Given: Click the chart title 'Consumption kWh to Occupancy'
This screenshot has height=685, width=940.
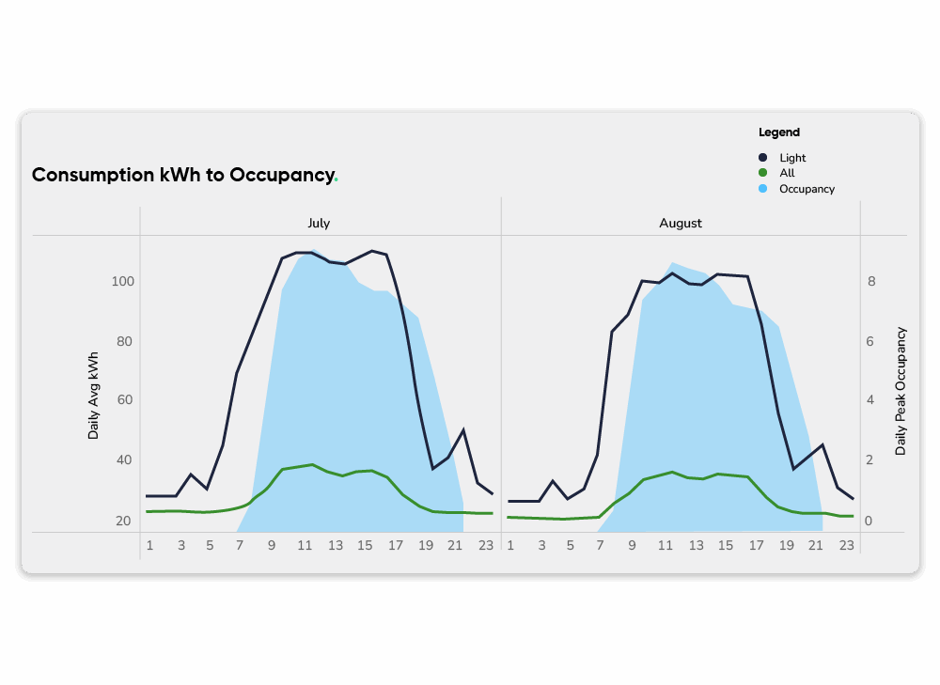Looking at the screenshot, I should (183, 175).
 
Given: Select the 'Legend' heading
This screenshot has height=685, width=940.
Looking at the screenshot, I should (779, 132).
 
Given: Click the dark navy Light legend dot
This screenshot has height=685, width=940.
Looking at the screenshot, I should (763, 158).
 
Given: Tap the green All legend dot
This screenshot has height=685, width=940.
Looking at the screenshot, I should (763, 173).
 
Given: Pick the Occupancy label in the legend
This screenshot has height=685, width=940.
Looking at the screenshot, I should (807, 189).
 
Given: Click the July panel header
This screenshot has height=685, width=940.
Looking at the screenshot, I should (319, 224).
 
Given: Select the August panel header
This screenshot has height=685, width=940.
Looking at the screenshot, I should (681, 224).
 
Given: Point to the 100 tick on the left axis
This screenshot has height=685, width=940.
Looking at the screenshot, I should (123, 282).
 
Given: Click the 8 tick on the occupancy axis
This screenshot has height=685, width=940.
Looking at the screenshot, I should (871, 282).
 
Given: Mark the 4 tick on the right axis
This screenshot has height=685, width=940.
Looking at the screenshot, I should (871, 400).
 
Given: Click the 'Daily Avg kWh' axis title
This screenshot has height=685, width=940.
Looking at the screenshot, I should (93, 396).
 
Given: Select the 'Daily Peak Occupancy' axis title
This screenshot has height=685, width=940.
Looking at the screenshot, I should (901, 391).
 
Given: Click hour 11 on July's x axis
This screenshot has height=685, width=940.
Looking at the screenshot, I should (303, 545).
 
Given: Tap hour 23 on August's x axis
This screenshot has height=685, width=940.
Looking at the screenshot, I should (846, 545).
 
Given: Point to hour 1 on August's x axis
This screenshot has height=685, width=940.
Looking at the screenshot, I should (510, 545).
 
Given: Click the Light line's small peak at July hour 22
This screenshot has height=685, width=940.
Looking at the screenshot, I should (463, 429).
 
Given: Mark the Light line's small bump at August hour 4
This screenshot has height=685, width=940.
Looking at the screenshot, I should (554, 481).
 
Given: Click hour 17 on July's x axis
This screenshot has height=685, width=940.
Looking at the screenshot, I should (396, 545).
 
